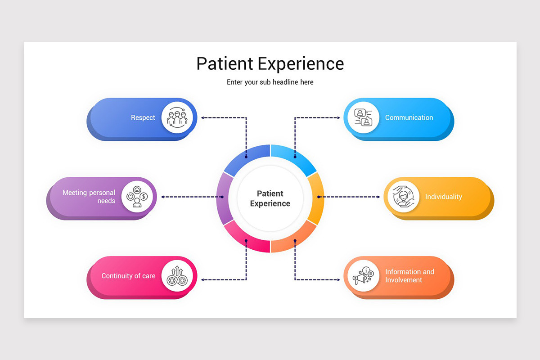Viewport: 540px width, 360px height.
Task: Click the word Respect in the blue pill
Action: (143, 117)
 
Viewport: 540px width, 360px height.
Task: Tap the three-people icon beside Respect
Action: (177, 117)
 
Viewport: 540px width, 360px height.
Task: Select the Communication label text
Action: (409, 117)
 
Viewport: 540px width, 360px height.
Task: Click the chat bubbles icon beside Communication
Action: (363, 117)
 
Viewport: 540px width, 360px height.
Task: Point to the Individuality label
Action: (443, 197)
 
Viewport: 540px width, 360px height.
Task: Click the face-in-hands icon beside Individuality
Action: (403, 197)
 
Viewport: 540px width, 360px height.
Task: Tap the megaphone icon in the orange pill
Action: (363, 276)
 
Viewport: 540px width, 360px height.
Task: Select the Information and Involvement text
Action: (409, 276)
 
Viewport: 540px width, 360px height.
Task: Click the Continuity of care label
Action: (128, 276)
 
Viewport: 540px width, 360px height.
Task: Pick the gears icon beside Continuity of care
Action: (177, 276)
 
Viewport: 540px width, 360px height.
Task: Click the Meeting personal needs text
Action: (89, 197)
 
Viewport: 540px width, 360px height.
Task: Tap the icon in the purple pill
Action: (137, 197)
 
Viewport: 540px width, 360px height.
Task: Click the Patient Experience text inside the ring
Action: (270, 198)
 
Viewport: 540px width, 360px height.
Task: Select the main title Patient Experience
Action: (270, 63)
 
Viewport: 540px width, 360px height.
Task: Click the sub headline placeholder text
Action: (270, 82)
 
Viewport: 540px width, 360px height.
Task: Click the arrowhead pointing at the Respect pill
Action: (203, 117)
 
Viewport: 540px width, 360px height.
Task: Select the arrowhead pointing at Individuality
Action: (378, 197)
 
